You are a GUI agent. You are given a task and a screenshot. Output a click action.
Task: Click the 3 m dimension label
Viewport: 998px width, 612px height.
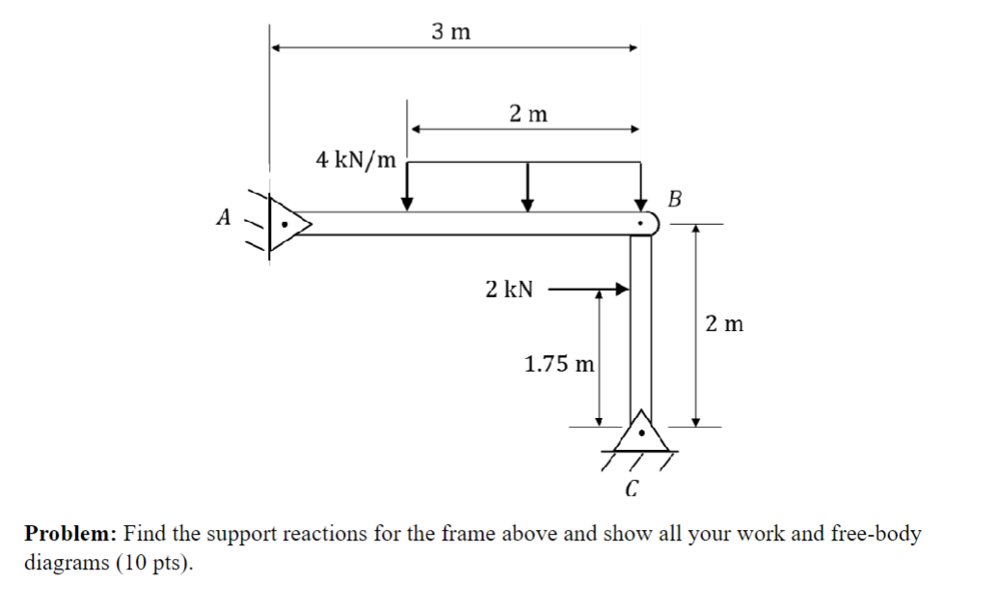[x=451, y=32]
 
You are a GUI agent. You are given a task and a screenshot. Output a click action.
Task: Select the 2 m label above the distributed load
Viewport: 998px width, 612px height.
[x=527, y=114]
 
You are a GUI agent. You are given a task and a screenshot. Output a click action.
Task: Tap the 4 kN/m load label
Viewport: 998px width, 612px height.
[x=356, y=159]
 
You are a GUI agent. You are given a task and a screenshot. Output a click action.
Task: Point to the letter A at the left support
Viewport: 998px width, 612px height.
[x=224, y=217]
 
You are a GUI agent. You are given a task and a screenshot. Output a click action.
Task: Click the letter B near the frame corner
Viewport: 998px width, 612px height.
[x=674, y=200]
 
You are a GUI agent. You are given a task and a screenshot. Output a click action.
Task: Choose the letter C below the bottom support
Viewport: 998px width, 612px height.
[x=632, y=488]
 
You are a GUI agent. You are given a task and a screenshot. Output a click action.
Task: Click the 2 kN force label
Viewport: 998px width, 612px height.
[x=509, y=289]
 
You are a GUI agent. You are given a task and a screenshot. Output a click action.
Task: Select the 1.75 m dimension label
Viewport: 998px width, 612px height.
[x=559, y=364]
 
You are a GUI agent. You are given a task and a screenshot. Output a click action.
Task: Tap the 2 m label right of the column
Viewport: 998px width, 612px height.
[x=724, y=323]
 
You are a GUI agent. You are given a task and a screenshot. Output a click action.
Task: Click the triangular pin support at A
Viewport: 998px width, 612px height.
[x=287, y=224]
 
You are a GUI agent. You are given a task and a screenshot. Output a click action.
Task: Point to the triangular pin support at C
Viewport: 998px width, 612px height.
[x=641, y=431]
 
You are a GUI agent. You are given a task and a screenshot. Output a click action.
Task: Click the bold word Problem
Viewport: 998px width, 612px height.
[x=70, y=533]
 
